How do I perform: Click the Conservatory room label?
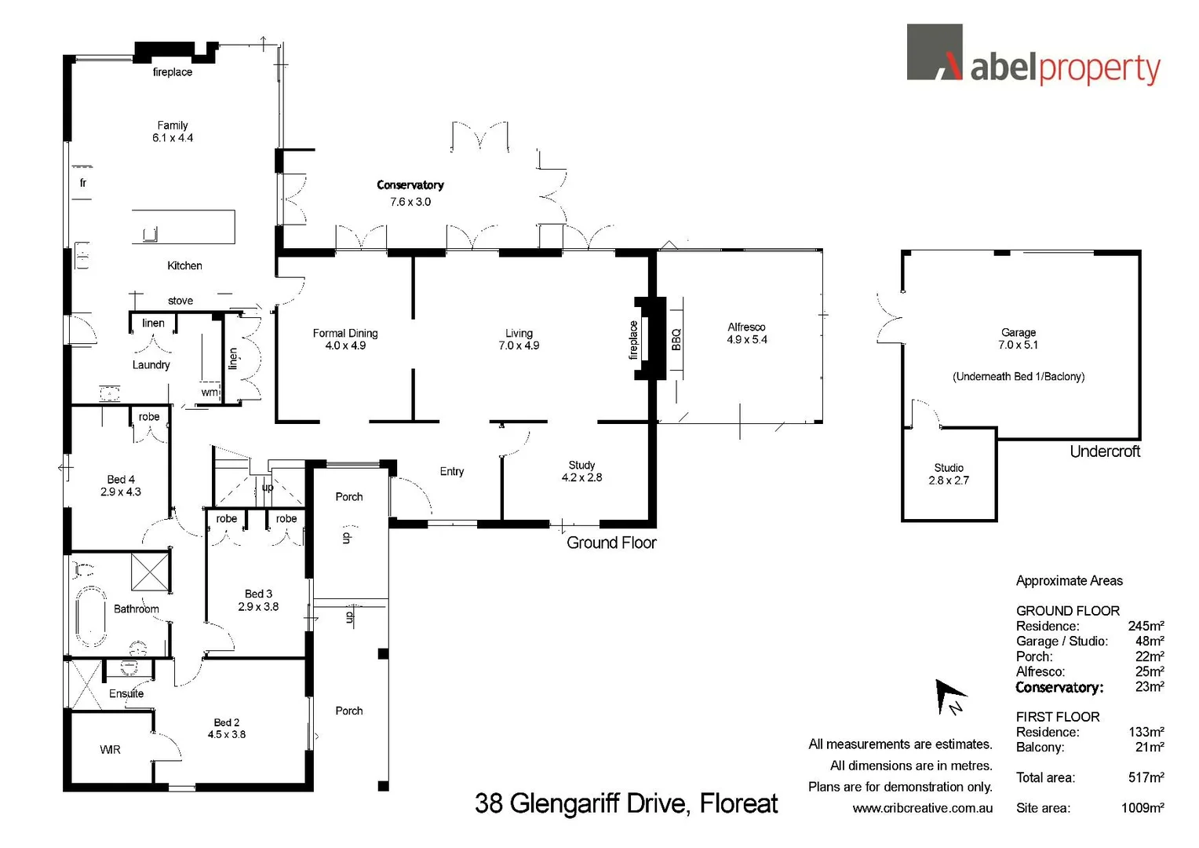pos(410,185)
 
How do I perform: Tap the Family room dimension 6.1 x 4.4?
pos(173,138)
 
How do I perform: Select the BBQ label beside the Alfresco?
pos(676,339)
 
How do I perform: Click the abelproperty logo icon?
pos(935,53)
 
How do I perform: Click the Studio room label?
pos(949,468)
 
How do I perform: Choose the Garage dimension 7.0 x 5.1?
pos(1018,345)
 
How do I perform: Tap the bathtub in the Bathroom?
pos(90,617)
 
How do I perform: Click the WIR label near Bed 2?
pos(111,751)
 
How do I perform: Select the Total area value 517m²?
pos(1146,778)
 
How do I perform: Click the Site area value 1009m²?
pos(1142,808)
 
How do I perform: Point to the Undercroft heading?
pos(1105,451)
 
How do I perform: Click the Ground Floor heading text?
pos(611,543)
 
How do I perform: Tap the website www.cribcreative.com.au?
pos(922,808)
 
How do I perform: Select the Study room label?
pos(581,466)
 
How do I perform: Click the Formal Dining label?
pos(345,334)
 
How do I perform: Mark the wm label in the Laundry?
pos(210,393)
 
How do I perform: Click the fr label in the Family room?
pos(83,183)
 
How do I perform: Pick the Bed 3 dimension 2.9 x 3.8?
pos(258,607)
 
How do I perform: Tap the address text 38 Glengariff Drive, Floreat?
pos(626,803)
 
